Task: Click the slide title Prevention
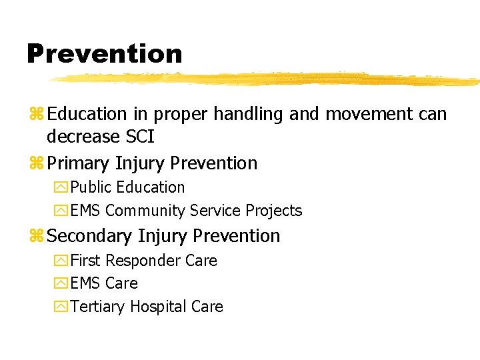[x=104, y=53]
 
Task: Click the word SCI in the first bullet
[x=140, y=137]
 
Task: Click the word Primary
[x=79, y=163]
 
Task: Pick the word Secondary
[x=91, y=236]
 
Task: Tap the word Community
[x=145, y=211]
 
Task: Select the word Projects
[x=274, y=211]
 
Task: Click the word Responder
[x=143, y=261]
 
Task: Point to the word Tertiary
[x=98, y=307]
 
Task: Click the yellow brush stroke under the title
[x=267, y=79]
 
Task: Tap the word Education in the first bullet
[x=87, y=115]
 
